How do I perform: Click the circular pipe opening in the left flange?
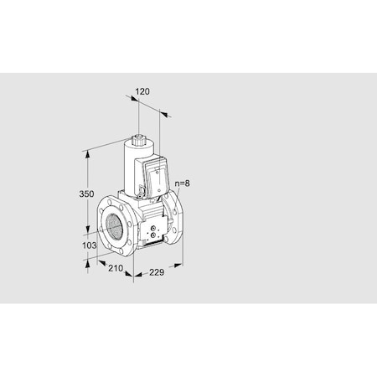point(113,225)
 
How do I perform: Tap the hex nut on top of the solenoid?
point(142,133)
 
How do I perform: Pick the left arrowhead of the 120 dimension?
point(132,98)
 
